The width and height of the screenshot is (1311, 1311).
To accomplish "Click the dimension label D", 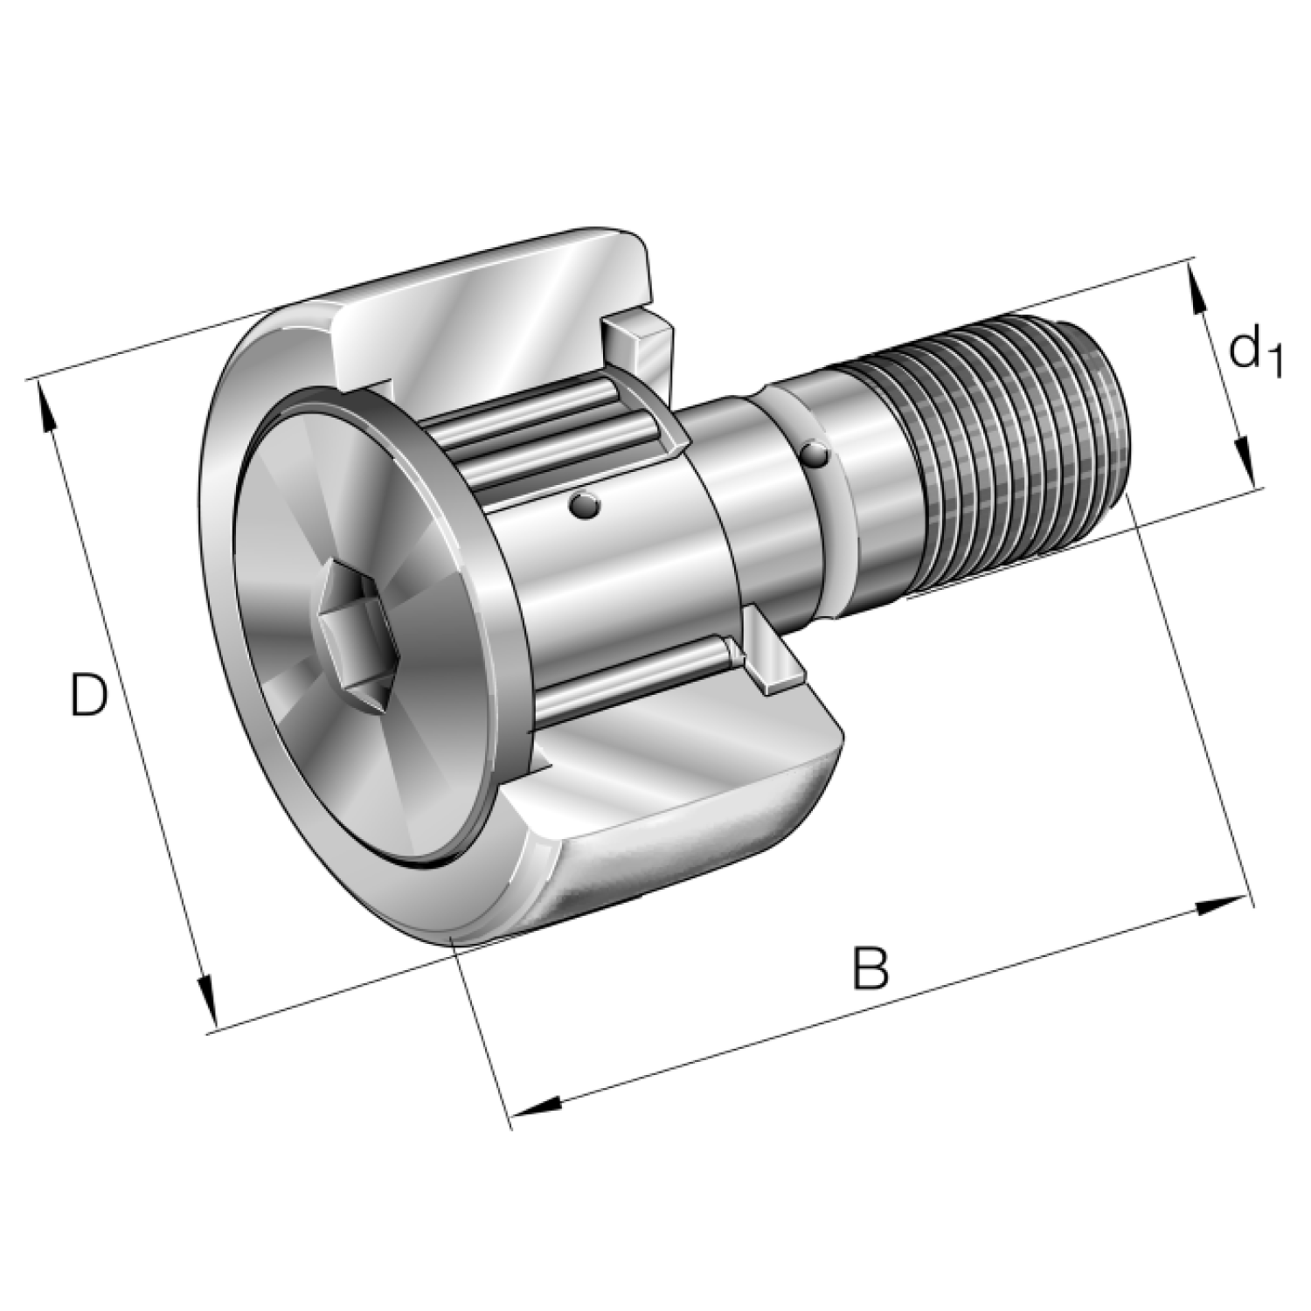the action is [88, 695].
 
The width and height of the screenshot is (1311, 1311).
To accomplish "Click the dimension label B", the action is [871, 967].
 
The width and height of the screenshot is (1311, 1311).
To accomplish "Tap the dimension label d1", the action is [1255, 350].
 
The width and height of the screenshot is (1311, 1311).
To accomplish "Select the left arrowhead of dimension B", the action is [535, 1106].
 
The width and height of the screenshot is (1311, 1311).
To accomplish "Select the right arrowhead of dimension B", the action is [1221, 906].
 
